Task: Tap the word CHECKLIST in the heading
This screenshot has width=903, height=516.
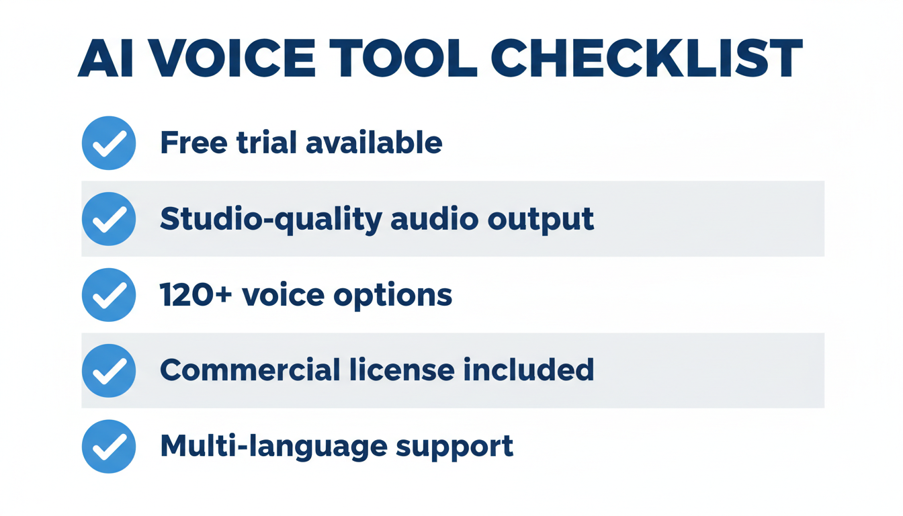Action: [647, 59]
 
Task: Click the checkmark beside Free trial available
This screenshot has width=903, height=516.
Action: [109, 143]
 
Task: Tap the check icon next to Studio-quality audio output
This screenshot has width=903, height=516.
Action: [109, 219]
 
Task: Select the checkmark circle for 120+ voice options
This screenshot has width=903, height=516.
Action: [109, 295]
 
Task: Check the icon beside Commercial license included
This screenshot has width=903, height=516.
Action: [109, 371]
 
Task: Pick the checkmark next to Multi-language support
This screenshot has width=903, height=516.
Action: [109, 447]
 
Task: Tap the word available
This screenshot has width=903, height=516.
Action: [374, 143]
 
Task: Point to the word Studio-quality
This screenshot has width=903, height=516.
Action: [270, 220]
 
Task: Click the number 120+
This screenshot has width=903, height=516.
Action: [196, 295]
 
